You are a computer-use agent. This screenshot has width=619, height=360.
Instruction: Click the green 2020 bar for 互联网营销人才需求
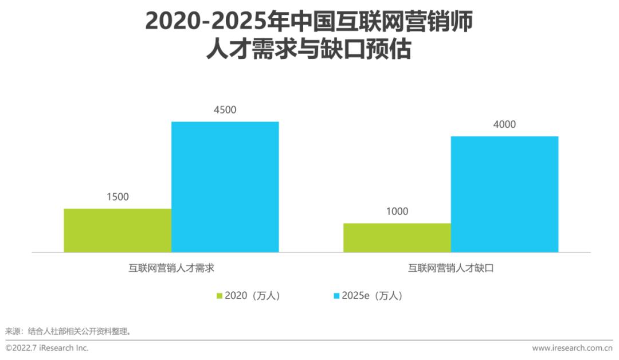117,230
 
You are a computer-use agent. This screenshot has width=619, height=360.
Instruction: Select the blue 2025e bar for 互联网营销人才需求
225,187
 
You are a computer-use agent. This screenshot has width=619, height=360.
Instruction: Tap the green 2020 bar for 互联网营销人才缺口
397,238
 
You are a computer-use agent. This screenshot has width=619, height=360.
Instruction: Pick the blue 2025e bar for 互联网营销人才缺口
504,194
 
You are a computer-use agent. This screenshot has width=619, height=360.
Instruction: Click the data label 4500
225,109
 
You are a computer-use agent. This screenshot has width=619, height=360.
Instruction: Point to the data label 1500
117,197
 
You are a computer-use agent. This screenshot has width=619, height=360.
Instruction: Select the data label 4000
504,124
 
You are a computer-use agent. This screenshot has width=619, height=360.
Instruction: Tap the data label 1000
397,211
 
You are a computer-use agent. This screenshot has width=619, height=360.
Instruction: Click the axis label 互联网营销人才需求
171,268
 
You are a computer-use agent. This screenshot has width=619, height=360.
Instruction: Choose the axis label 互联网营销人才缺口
451,268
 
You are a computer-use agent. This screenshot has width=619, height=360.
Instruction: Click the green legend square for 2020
220,296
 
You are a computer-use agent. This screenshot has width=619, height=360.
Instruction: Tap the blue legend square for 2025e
336,296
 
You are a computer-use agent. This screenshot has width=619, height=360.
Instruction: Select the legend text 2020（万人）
253,296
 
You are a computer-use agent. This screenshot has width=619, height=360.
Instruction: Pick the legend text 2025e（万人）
373,296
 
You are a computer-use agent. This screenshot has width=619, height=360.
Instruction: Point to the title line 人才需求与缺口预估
309,49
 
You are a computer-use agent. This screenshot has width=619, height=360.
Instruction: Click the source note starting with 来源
68,331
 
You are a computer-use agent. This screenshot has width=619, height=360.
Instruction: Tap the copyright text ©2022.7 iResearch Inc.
46,348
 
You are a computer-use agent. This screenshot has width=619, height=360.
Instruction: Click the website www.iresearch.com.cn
573,348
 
